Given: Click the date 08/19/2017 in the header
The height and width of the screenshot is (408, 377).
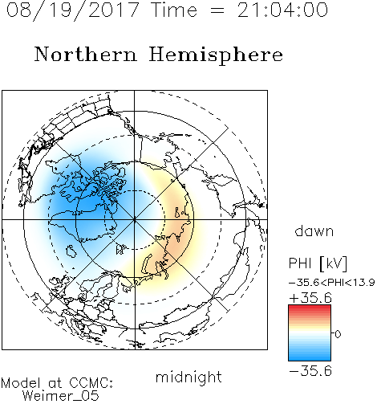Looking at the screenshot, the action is [73, 10].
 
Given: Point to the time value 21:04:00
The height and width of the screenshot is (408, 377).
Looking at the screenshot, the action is [282, 10].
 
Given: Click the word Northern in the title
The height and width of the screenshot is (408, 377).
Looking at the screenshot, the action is [86, 54].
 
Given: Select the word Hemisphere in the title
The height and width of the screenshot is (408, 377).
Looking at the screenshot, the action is [216, 55].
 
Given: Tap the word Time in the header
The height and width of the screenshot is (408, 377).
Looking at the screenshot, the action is [174, 10].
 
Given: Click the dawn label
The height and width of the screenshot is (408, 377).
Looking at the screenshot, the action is [314, 231].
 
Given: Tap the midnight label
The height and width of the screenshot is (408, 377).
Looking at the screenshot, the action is [188, 377].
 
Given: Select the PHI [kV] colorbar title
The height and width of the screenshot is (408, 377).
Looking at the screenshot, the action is [318, 263].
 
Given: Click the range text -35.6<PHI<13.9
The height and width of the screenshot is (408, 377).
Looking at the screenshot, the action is [332, 283].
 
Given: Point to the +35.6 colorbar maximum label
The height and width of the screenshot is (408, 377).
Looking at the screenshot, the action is [310, 298].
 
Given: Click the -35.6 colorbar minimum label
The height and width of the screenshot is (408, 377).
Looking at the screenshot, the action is [310, 371].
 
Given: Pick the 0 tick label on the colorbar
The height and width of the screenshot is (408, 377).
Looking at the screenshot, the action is [338, 334].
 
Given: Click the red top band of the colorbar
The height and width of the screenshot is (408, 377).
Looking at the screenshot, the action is [310, 308].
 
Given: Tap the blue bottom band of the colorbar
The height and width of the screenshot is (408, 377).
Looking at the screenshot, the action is [310, 357].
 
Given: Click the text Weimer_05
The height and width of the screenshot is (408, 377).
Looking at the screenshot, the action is [61, 396].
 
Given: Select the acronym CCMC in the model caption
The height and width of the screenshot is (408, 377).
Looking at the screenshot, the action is [91, 383].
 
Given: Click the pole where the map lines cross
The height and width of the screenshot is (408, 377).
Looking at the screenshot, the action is [134, 219].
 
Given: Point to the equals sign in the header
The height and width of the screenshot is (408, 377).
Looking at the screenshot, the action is [217, 10].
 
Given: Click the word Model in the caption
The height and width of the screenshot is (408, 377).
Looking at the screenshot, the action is [21, 383].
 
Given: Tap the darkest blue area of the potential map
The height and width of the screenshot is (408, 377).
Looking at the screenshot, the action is [88, 203].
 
